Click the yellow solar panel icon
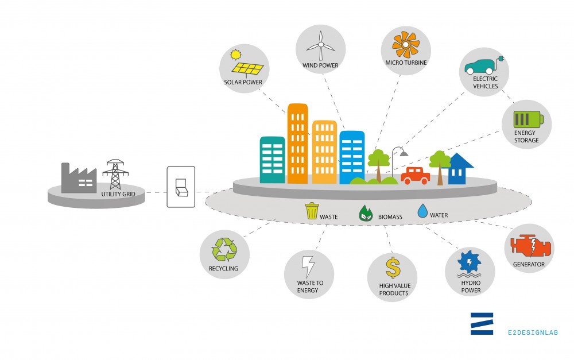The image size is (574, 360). (x=247, y=68)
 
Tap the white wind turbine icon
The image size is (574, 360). (x=321, y=45)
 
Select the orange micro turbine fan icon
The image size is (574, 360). (x=406, y=45)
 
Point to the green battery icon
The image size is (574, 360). (x=528, y=119)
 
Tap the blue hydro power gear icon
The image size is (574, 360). (x=470, y=261)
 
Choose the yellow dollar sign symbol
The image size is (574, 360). (x=393, y=268)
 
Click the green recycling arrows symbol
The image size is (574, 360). (x=224, y=249)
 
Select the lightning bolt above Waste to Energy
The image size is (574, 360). (x=308, y=266)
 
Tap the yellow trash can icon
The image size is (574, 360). (x=312, y=211)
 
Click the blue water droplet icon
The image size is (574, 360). (x=422, y=211)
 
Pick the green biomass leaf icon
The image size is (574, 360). (x=365, y=213)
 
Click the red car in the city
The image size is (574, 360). (x=416, y=176)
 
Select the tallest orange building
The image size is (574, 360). (x=297, y=144)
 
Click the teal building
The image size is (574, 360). (x=272, y=160)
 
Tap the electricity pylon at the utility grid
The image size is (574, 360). (x=115, y=175)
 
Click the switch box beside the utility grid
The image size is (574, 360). (x=181, y=187)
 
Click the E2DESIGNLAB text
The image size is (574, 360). (x=533, y=332)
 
